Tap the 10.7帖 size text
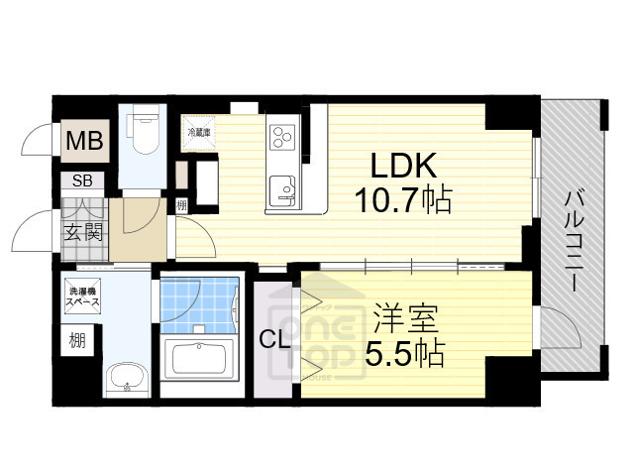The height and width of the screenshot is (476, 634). pyautogui.click(x=403, y=202)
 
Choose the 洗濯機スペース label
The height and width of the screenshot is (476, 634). pyautogui.click(x=81, y=298)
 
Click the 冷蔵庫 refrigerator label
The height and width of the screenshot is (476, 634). pyautogui.click(x=201, y=130)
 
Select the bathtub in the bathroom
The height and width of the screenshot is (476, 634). pyautogui.click(x=201, y=358)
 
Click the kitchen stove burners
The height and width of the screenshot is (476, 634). pyautogui.click(x=281, y=135)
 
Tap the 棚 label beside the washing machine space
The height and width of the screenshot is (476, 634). pyautogui.click(x=77, y=340)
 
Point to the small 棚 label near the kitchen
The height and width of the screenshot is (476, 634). pyautogui.click(x=182, y=206)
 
